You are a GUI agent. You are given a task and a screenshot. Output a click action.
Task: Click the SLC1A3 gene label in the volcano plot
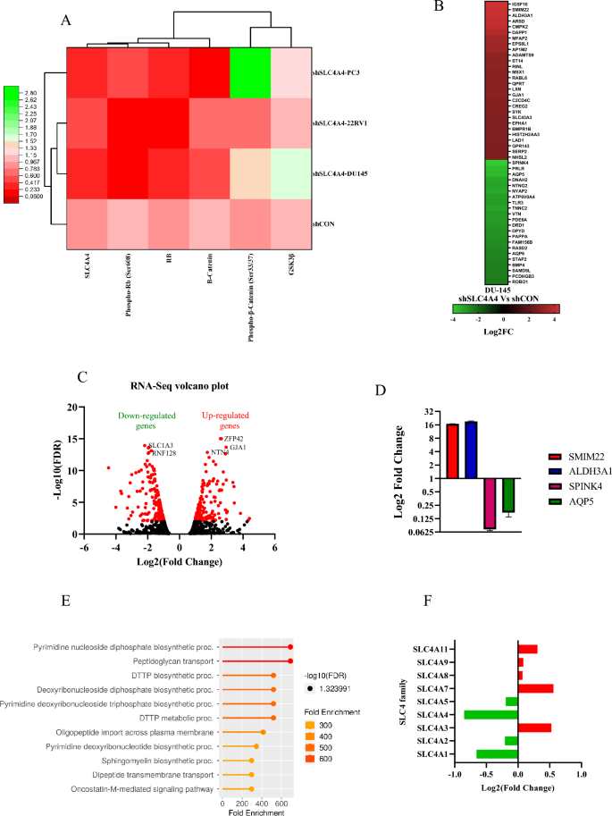coord(162,445)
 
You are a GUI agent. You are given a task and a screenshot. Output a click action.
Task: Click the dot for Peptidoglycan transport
coord(290,660)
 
